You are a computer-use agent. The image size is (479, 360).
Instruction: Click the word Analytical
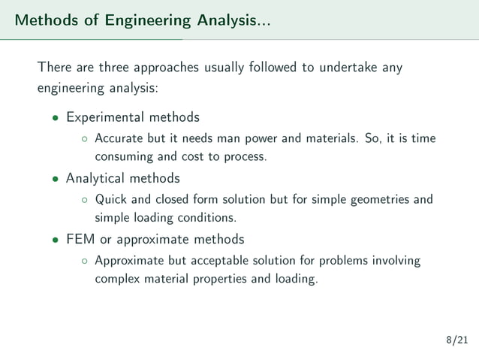[95, 178]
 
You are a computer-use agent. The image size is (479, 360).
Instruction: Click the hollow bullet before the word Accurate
[84, 139]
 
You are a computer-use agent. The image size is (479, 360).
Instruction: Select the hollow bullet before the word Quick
[84, 200]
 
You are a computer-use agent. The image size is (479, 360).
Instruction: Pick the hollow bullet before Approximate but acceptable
[84, 262]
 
